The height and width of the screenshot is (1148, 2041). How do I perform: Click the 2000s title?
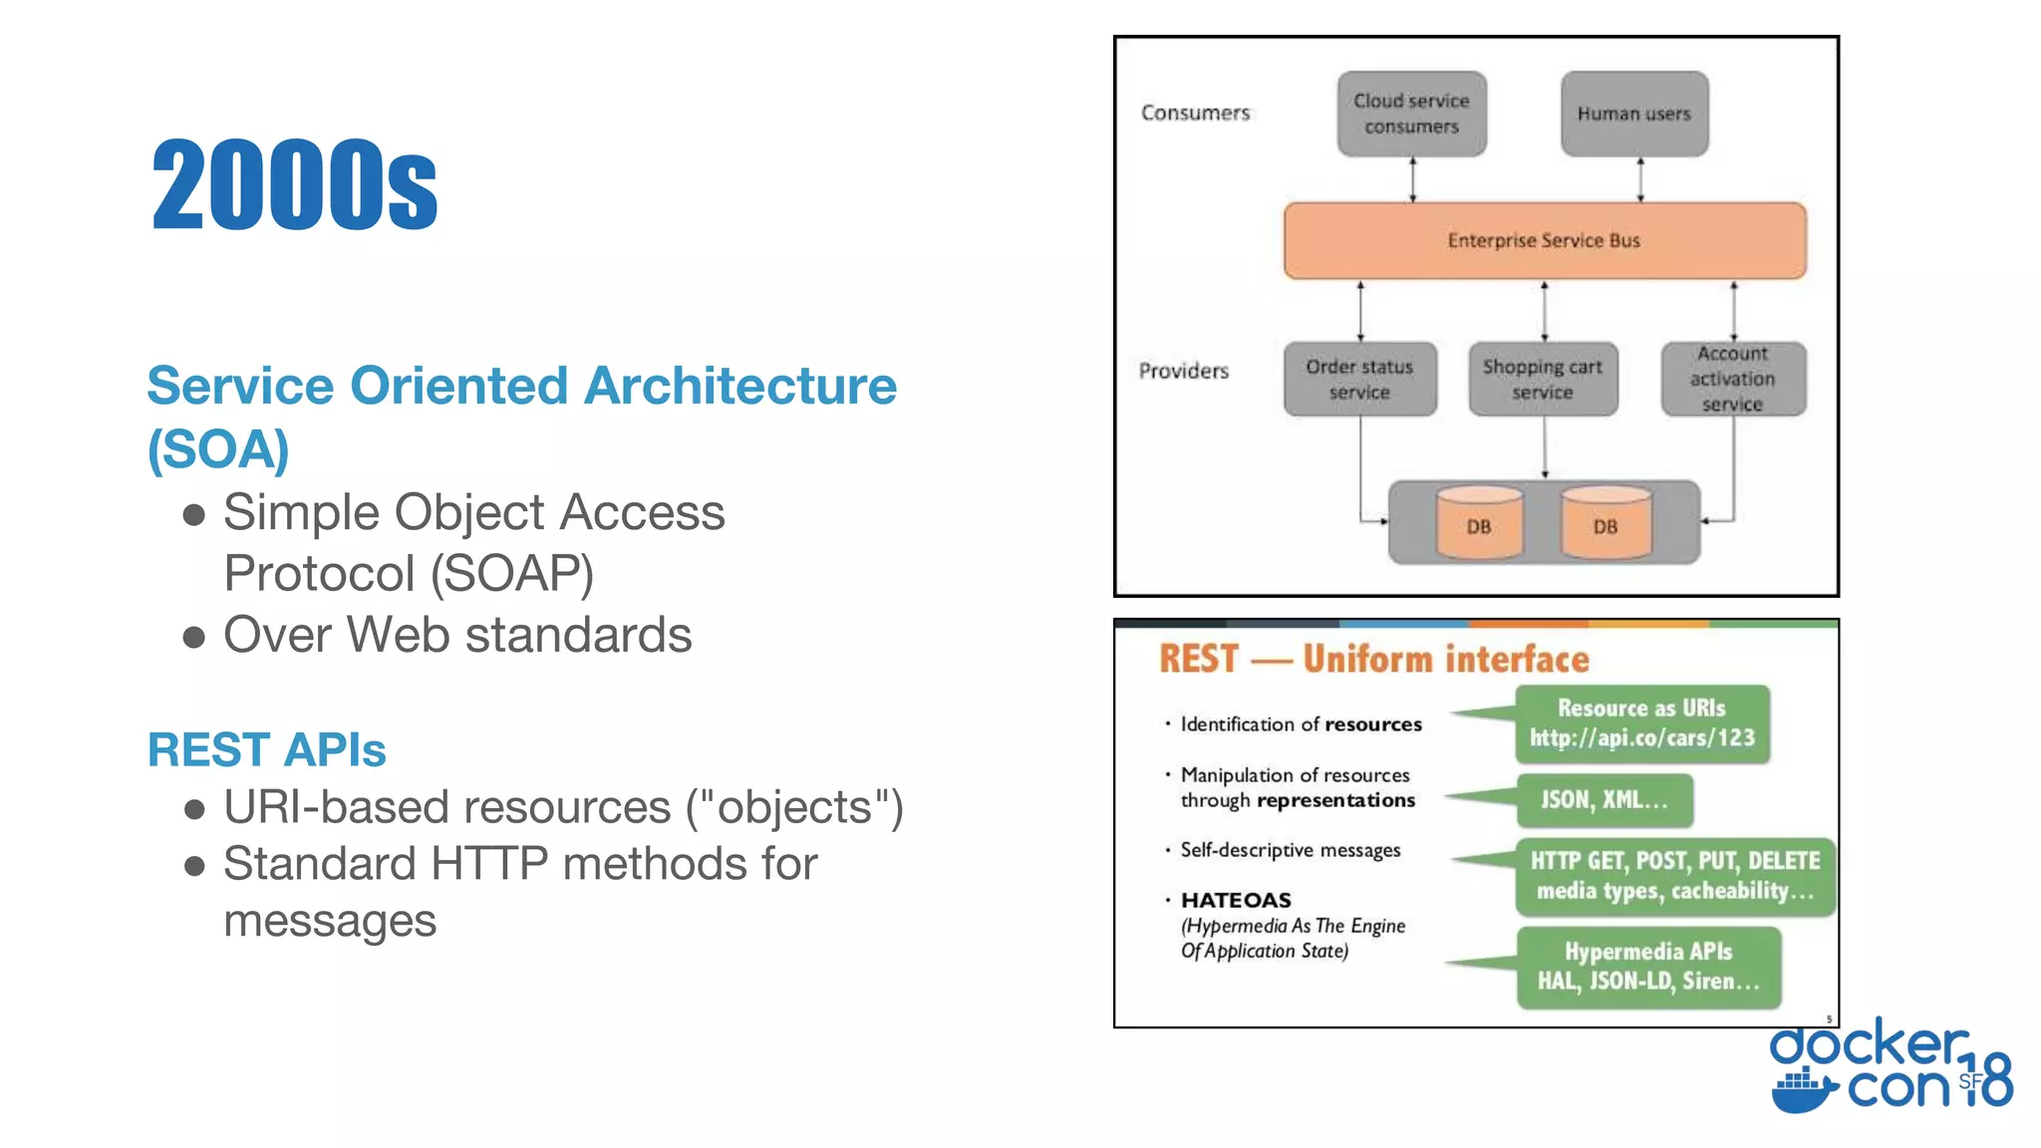[x=294, y=185]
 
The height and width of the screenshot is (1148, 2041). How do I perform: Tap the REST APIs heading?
[x=266, y=749]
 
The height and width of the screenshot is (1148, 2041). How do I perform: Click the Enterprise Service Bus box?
[x=1544, y=241]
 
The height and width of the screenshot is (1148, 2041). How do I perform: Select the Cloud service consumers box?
[x=1411, y=114]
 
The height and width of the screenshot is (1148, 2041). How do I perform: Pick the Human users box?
[x=1633, y=114]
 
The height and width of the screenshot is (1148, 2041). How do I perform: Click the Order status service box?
[x=1359, y=380]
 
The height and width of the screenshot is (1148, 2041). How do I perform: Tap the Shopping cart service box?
[x=1542, y=380]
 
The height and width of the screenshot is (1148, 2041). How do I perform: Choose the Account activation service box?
[x=1732, y=380]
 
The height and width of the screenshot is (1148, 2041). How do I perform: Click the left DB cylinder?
[x=1479, y=523]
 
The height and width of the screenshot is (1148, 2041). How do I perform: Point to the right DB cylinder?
[x=1604, y=523]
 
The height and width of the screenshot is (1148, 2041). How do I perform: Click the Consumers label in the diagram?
[x=1195, y=113]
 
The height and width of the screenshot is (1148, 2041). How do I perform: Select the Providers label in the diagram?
[x=1184, y=371]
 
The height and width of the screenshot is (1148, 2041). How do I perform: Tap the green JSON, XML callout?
[x=1604, y=800]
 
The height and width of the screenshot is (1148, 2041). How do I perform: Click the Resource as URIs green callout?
[x=1641, y=723]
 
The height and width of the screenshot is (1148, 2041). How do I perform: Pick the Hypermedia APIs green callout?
[x=1647, y=967]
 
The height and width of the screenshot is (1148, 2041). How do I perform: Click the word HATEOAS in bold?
[x=1236, y=900]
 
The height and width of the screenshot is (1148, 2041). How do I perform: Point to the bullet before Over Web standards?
[x=194, y=637]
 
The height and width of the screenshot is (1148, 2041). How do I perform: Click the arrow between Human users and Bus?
[x=1640, y=179]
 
